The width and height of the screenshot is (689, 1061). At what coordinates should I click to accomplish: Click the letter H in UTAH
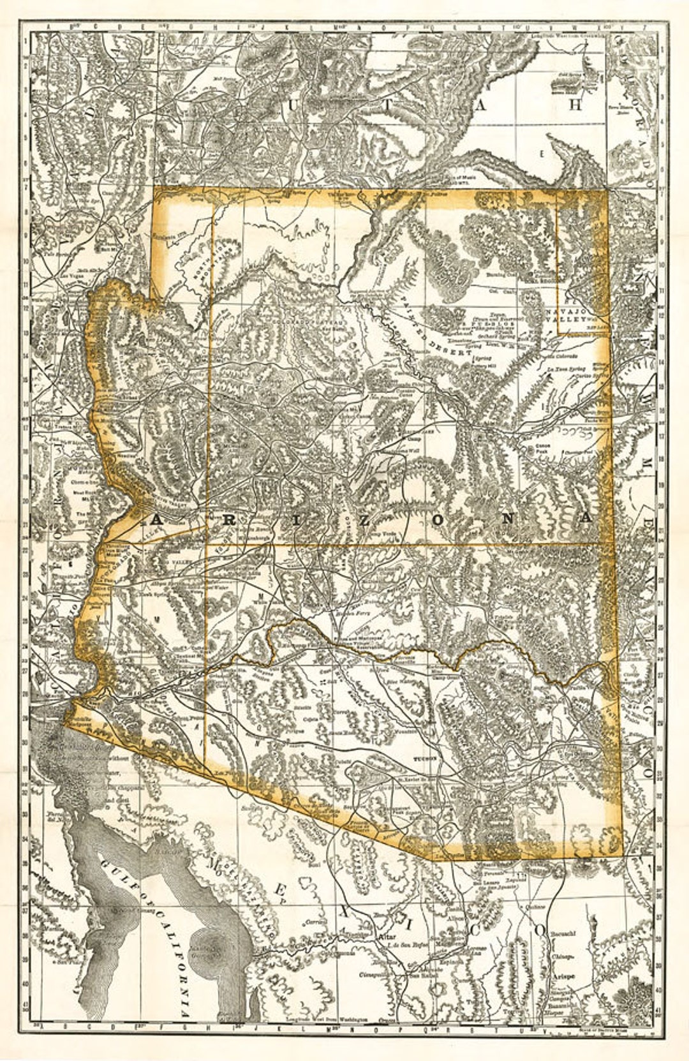(575, 106)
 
